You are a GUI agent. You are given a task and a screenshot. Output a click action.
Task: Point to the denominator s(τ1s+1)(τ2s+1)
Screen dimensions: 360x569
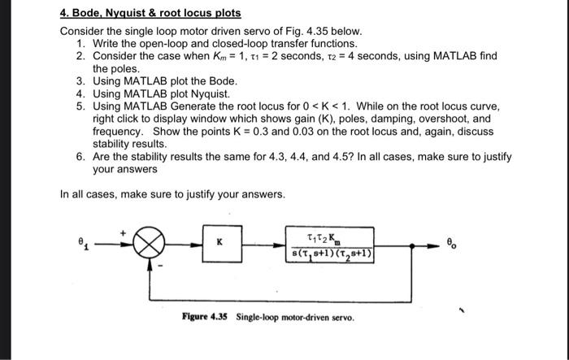point(332,252)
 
